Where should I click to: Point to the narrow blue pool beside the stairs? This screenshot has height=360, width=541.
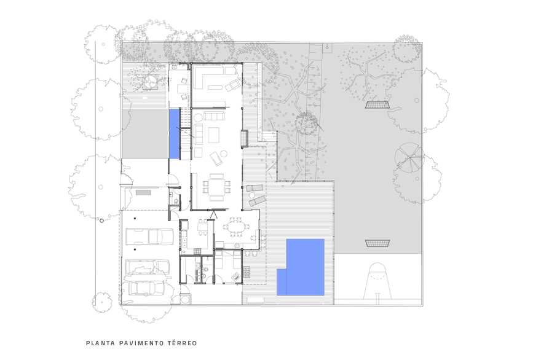[174, 134]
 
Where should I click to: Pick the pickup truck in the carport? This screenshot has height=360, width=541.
[149, 237]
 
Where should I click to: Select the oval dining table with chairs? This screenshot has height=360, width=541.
[236, 227]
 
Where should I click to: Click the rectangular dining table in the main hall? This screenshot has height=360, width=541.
[216, 187]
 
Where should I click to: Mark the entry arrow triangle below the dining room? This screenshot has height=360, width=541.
[213, 215]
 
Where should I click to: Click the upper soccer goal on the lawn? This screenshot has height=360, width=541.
[377, 104]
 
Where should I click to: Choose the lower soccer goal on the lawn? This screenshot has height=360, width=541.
[377, 243]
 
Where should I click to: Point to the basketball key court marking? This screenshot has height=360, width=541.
[377, 281]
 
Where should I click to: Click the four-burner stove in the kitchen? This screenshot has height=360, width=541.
[197, 251]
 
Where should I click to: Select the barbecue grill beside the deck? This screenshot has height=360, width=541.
[247, 272]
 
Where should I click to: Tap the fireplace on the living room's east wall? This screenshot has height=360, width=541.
[245, 139]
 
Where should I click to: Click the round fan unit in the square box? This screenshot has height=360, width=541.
[150, 82]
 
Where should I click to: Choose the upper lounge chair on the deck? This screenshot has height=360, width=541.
[254, 188]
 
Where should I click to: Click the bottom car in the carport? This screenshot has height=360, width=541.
[147, 288]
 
